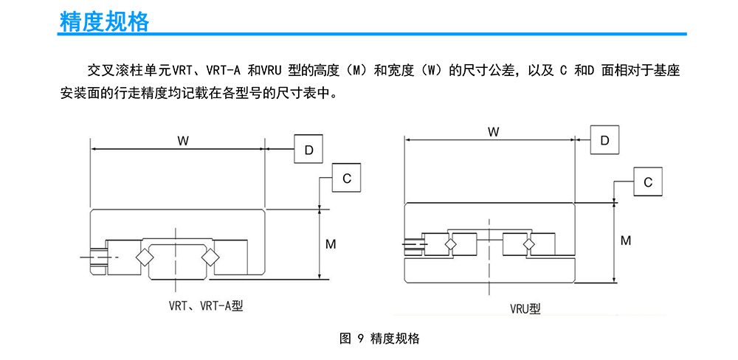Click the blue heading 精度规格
click(105, 21)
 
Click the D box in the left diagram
click(308, 149)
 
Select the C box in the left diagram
click(346, 177)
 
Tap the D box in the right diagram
click(605, 139)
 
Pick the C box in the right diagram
click(648, 182)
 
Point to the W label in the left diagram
click(182, 139)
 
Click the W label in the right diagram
click(493, 131)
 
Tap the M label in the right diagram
click(626, 240)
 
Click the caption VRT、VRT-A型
click(206, 306)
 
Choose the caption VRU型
click(525, 309)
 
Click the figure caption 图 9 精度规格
click(379, 339)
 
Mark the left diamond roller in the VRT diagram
click(142, 258)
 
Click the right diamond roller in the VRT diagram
click(209, 258)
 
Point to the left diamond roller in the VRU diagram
click(451, 243)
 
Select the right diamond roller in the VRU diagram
click(529, 243)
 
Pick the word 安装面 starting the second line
click(77, 93)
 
